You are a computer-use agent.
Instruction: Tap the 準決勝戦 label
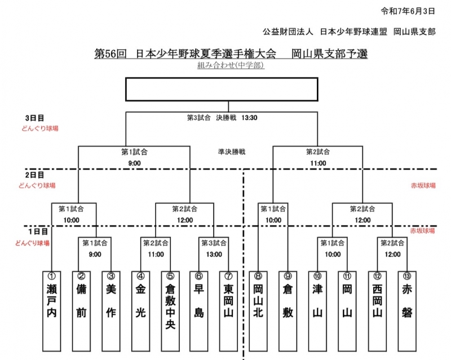coord(232,152)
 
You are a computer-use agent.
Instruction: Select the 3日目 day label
coord(34,118)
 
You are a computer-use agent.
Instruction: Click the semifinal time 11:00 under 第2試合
coord(318,163)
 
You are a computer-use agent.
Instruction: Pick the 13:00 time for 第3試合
coord(214,254)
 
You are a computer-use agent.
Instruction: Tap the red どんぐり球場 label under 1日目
coord(32,243)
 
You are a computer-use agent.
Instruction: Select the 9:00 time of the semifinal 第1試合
coord(134,163)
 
